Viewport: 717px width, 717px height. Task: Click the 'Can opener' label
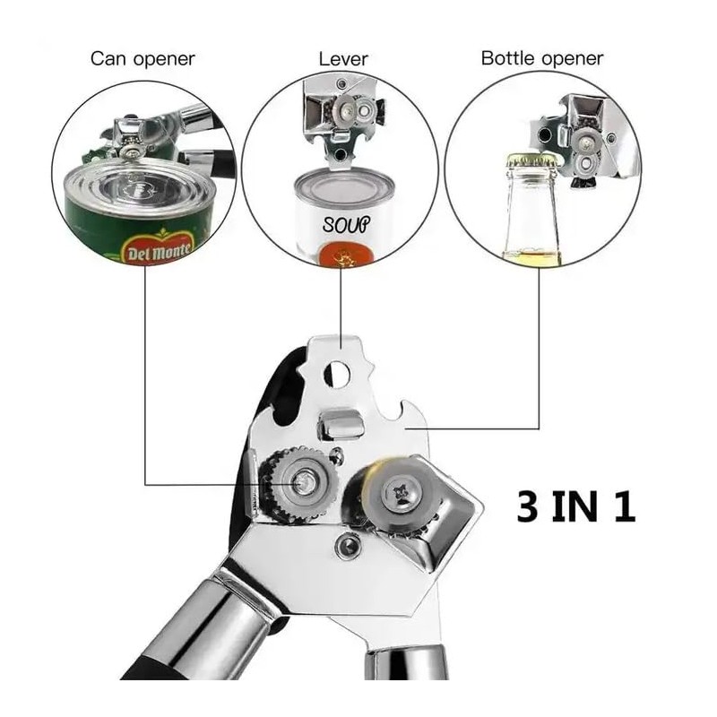pyautogui.click(x=143, y=59)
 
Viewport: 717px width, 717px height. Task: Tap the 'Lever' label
pyautogui.click(x=343, y=59)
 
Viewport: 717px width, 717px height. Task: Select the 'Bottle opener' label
pyautogui.click(x=542, y=59)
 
